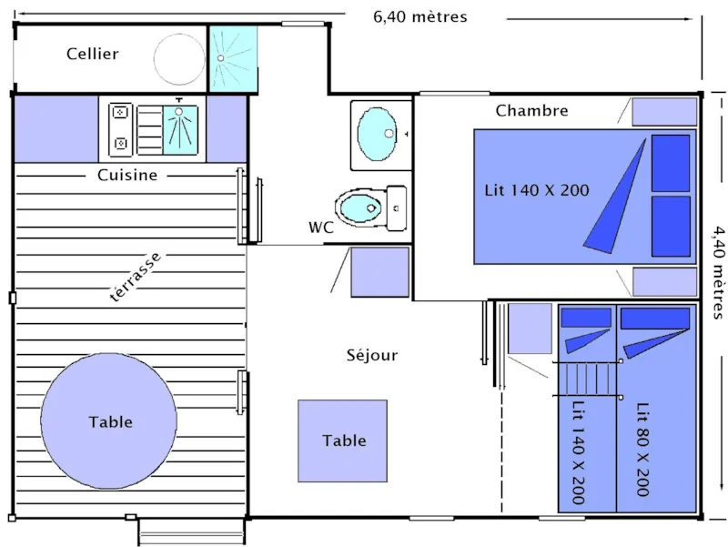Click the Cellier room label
tap(92, 54)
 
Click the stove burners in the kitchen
tap(120, 130)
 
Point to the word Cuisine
tap(127, 175)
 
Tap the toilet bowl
tap(359, 207)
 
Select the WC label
tap(320, 228)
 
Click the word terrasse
tap(135, 278)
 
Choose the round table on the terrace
tap(109, 421)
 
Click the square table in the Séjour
tap(343, 441)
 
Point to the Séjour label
tap(371, 355)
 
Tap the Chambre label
tap(531, 111)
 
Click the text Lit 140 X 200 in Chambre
tap(536, 190)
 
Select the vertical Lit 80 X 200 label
tap(643, 449)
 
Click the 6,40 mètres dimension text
tap(420, 16)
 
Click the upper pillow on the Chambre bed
tap(672, 163)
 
